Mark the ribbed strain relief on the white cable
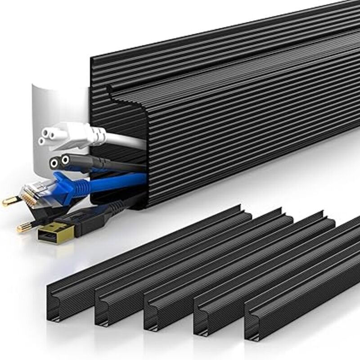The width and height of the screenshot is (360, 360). (97, 135)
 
